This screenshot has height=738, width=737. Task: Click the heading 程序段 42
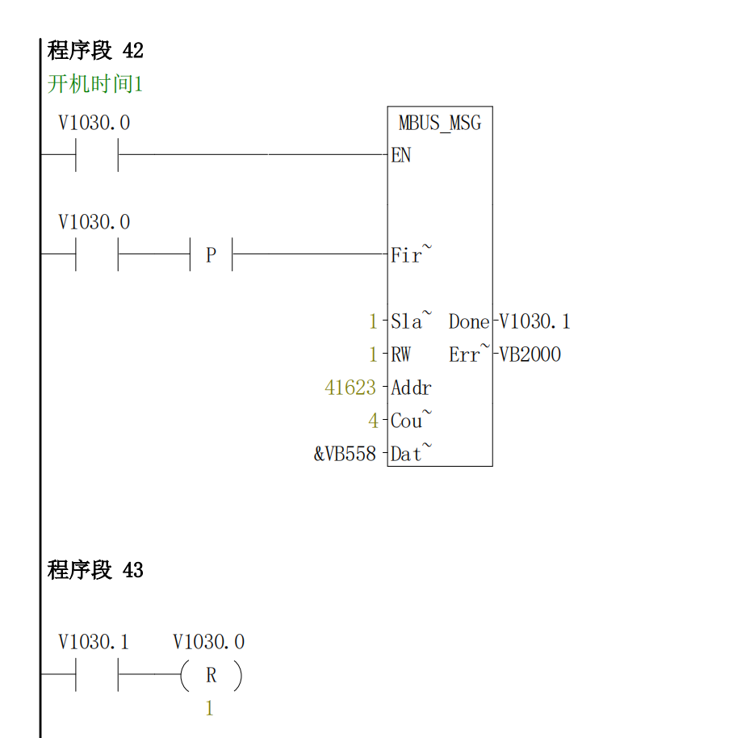pyautogui.click(x=95, y=51)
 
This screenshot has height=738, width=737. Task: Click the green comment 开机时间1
pyautogui.click(x=95, y=84)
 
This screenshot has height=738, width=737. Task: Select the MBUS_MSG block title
pyautogui.click(x=439, y=124)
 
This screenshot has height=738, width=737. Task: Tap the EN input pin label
pyautogui.click(x=401, y=156)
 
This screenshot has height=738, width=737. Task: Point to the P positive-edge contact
pyautogui.click(x=211, y=255)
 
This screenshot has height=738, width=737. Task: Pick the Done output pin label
pyautogui.click(x=469, y=322)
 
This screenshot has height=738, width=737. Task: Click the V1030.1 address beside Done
pyautogui.click(x=534, y=322)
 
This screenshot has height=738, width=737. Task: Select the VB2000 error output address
pyautogui.click(x=530, y=355)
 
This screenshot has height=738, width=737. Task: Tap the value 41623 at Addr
pyautogui.click(x=350, y=388)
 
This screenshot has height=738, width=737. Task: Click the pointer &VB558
pyautogui.click(x=345, y=455)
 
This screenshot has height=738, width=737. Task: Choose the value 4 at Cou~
pyautogui.click(x=373, y=421)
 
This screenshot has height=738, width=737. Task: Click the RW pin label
pyautogui.click(x=400, y=355)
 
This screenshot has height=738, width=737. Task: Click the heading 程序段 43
pyautogui.click(x=95, y=571)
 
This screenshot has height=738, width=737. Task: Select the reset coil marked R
pyautogui.click(x=211, y=676)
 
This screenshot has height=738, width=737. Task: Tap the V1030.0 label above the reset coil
pyautogui.click(x=208, y=643)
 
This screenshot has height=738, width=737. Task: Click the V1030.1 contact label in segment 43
pyautogui.click(x=94, y=643)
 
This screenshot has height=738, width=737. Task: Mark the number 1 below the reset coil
pyautogui.click(x=210, y=709)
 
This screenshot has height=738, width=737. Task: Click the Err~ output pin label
pyautogui.click(x=469, y=355)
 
